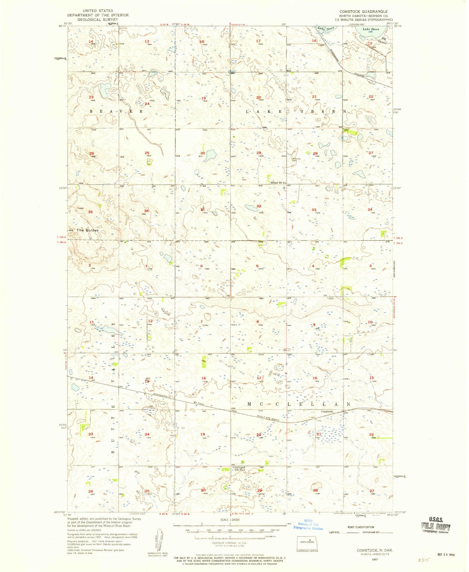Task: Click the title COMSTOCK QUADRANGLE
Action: click(x=363, y=12)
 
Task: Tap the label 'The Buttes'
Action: click(x=88, y=230)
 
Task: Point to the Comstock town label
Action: click(x=327, y=411)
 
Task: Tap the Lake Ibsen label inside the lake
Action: click(x=371, y=29)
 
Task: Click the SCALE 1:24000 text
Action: click(x=230, y=519)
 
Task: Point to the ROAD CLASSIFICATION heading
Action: click(x=361, y=527)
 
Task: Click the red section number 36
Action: click(x=146, y=211)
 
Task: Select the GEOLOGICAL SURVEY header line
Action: click(x=98, y=19)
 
